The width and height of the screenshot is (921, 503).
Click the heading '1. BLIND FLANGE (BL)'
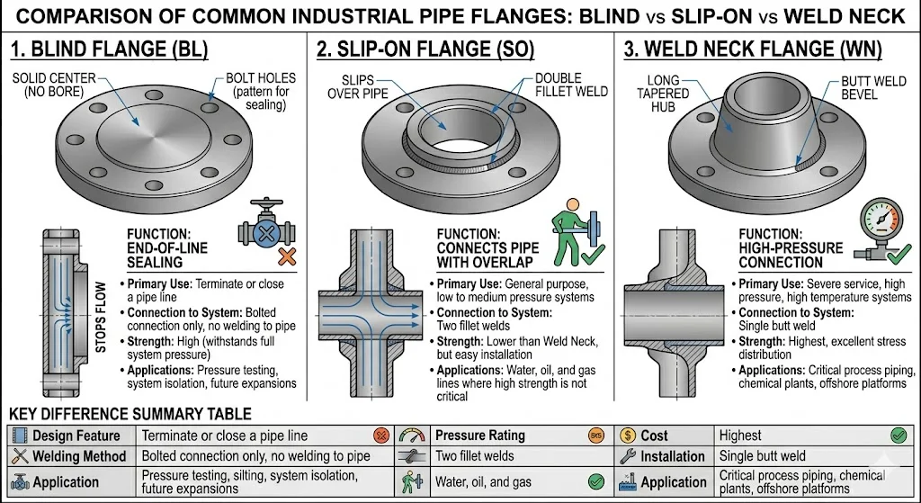(109, 49)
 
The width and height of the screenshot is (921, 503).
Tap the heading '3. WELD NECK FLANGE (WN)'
(753, 49)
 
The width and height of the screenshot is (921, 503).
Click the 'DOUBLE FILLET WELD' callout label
(571, 85)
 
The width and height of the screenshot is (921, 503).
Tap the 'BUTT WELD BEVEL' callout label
(872, 88)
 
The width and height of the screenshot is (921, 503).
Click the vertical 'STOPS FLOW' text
(101, 317)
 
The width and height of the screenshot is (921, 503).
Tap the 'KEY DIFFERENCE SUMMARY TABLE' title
(130, 415)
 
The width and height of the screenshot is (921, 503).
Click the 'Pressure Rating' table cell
(479, 436)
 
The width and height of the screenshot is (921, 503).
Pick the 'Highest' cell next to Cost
(739, 436)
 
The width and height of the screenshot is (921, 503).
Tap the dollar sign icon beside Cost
(627, 436)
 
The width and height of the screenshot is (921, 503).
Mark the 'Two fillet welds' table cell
(475, 457)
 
